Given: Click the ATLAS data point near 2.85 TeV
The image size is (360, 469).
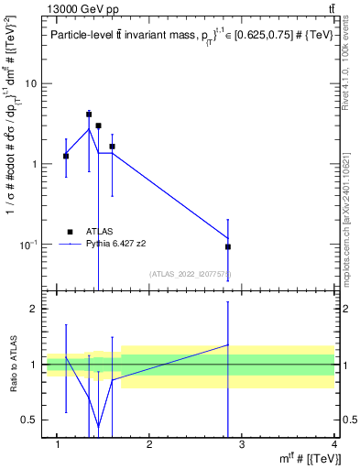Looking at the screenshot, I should coord(228,246).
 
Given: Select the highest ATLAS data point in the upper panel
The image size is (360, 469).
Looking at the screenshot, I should coord(89,115).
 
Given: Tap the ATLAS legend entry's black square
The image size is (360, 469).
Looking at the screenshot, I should coord(69,232).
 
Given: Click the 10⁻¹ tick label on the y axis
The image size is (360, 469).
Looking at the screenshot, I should coord(27,245).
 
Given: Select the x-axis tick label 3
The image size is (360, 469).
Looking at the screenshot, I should coord(242,446).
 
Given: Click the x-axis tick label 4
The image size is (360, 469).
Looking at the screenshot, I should coord(334,446).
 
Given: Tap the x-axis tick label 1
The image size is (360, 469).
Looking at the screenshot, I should coord(57,446).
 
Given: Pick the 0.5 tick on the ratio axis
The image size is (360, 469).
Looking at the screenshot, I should coord(28,420).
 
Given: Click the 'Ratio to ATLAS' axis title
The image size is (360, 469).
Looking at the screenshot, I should coord(12,364).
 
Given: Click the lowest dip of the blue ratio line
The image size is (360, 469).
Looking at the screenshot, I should coord(98,427).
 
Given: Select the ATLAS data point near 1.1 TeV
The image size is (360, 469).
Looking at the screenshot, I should coord(66,156).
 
